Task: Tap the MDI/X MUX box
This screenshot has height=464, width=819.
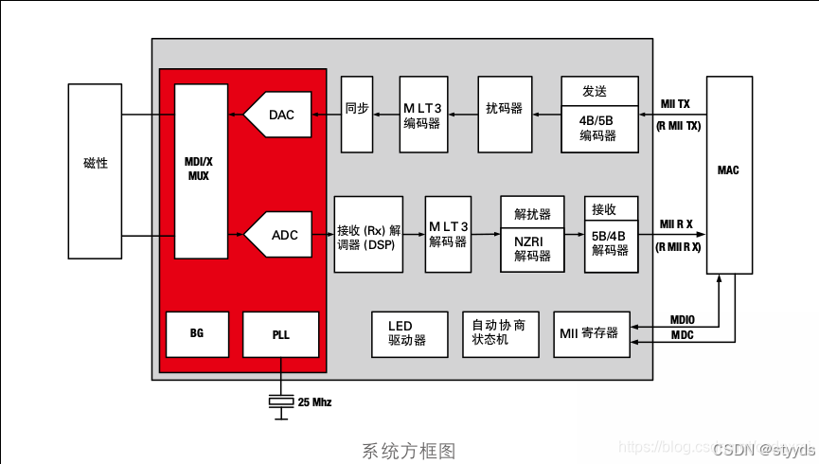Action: point(201,170)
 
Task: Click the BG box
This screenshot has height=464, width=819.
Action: point(197,333)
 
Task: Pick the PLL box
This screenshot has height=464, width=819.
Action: point(280,334)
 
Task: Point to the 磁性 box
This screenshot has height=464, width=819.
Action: point(96,170)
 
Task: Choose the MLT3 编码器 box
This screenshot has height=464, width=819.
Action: point(423,115)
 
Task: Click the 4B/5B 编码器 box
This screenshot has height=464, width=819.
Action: point(598,128)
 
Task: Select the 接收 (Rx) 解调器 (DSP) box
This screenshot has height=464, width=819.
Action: point(368,235)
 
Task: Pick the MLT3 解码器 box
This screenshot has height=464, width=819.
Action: point(448,234)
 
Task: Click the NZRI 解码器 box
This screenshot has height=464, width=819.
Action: point(532,247)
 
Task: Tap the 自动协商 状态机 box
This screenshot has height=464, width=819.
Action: point(499,332)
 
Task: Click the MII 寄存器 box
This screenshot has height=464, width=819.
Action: point(591,333)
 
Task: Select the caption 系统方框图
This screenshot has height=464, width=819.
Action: point(409,451)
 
